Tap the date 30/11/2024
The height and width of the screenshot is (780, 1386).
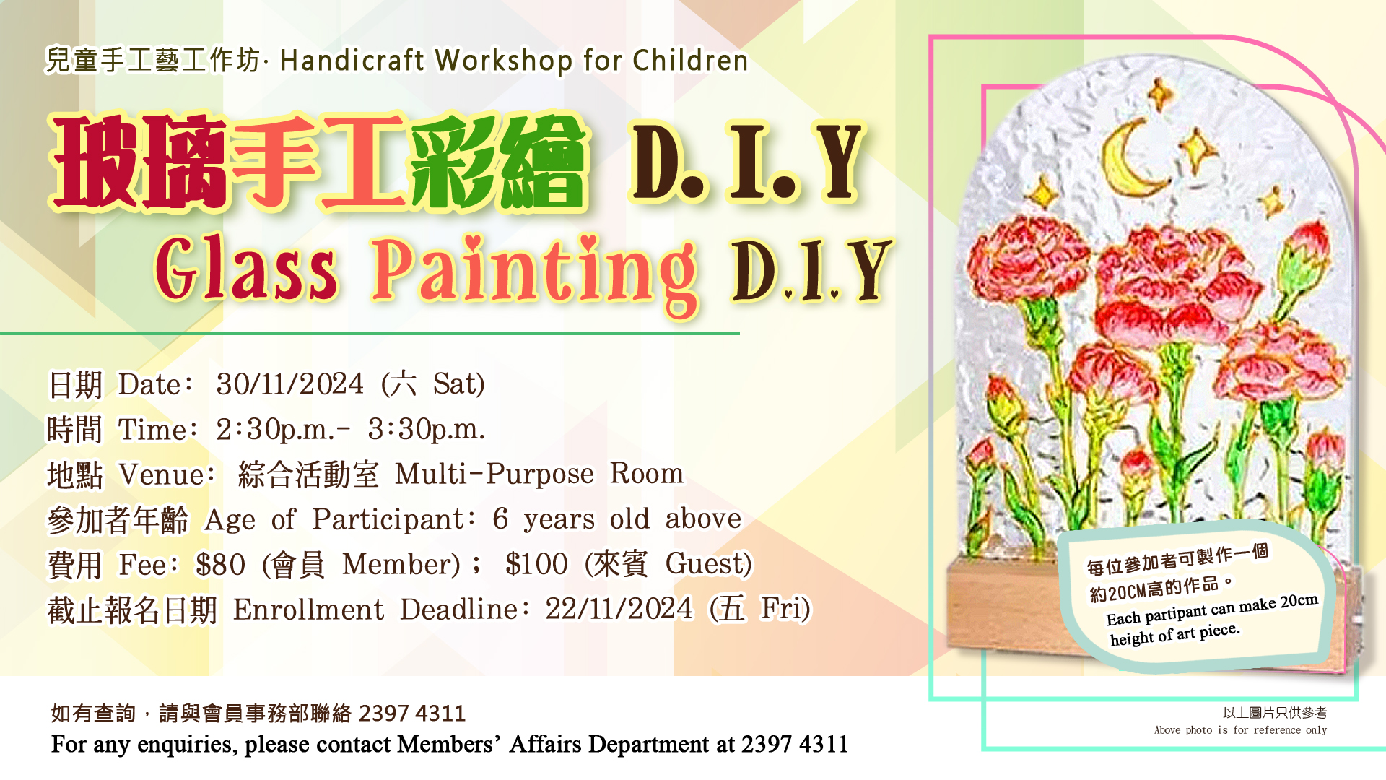pos(289,384)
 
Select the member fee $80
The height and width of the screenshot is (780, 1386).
pos(220,565)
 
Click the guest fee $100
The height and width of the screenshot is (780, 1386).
pos(536,564)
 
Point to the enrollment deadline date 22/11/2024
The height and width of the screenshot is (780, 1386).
pos(619,609)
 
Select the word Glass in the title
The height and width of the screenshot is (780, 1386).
pos(246,268)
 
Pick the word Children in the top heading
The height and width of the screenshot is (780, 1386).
pos(690,61)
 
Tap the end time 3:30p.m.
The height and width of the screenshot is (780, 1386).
pos(426,430)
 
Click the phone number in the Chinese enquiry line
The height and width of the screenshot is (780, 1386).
pos(412,714)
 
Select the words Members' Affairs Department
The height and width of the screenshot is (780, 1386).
pos(554,744)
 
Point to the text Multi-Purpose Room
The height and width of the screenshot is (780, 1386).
pos(539,474)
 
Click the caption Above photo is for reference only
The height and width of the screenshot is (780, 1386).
pos(1240,730)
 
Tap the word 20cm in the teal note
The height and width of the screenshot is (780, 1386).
pos(1299,601)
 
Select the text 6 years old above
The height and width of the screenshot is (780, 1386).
pos(617,519)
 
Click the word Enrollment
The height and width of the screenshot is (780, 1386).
pos(308,610)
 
